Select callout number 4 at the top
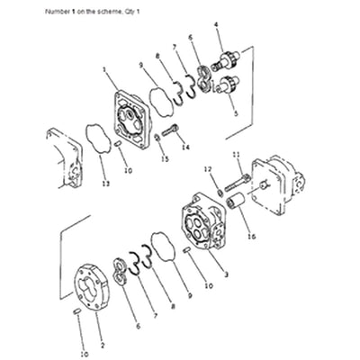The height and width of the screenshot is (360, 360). tap(217, 35)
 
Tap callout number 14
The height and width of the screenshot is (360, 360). tap(185, 146)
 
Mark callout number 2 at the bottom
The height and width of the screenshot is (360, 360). tap(102, 345)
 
